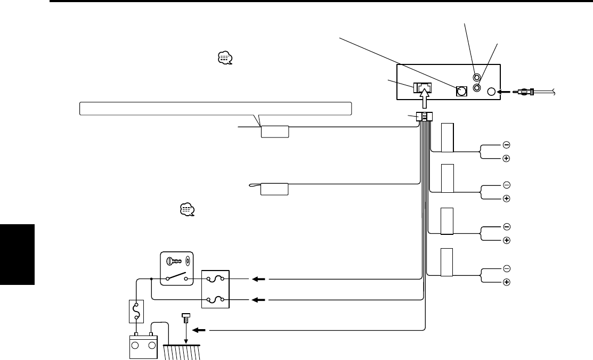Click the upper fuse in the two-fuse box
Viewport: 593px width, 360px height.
click(x=215, y=279)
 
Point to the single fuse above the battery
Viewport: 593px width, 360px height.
click(x=137, y=310)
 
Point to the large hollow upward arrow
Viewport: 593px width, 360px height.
click(x=425, y=99)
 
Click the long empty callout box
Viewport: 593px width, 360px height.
click(x=215, y=109)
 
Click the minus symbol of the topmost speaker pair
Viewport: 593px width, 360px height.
click(x=506, y=145)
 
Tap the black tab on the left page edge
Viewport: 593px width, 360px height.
click(x=18, y=255)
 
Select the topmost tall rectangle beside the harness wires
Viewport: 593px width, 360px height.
click(x=448, y=137)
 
